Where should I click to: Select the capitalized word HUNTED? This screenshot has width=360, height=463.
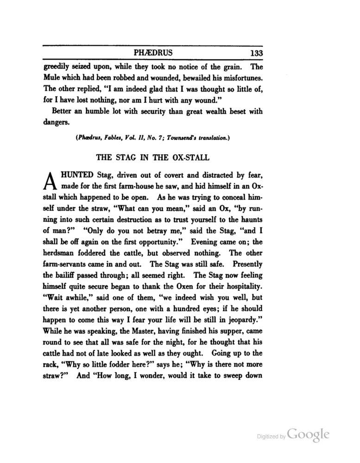[78, 175]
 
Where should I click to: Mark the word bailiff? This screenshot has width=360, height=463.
[69, 275]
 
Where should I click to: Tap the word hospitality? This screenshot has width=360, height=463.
[240, 287]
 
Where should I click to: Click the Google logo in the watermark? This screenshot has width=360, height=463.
[309, 434]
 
